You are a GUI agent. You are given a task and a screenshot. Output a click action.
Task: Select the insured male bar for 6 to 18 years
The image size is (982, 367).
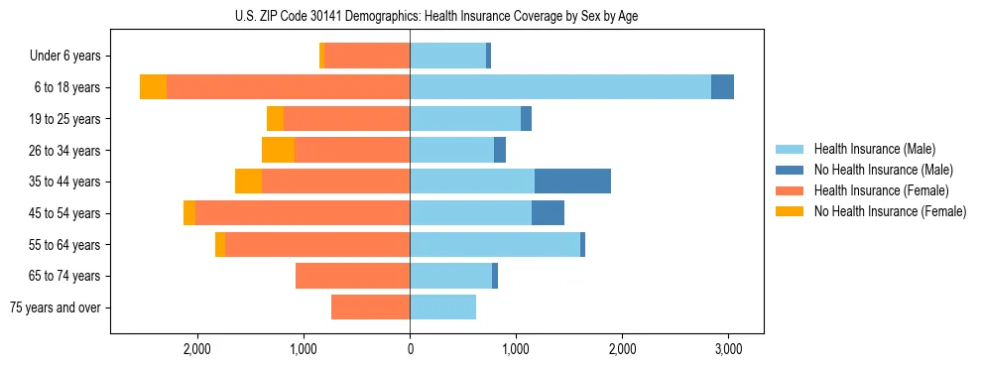tap(560, 87)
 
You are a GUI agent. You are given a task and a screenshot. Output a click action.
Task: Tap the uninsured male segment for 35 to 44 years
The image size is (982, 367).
tap(572, 182)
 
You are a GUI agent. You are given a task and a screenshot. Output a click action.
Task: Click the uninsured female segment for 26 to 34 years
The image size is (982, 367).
tap(278, 150)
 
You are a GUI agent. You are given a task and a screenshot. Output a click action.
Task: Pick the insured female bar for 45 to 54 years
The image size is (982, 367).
tap(303, 212)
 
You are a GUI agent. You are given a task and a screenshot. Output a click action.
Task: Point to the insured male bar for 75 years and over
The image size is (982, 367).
tap(442, 307)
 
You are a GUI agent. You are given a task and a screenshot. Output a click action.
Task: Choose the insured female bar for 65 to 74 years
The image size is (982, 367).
tap(352, 276)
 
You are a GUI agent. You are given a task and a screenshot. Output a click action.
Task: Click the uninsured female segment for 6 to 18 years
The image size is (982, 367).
tap(153, 87)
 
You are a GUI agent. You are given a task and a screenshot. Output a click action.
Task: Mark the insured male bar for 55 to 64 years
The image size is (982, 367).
tap(495, 244)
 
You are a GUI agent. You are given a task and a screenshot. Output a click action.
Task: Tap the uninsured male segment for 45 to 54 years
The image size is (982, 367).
tap(548, 212)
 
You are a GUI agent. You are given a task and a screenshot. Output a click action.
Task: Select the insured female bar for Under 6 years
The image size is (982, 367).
tap(367, 56)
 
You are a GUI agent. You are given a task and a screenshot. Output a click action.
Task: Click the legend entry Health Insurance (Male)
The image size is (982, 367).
tap(874, 149)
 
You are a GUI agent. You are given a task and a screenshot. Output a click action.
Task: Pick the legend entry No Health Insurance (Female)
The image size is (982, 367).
tap(890, 211)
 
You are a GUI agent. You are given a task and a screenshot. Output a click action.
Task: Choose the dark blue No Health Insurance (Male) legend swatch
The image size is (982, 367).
tap(790, 170)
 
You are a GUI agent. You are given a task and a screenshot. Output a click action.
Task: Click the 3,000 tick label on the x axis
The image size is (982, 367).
tap(728, 349)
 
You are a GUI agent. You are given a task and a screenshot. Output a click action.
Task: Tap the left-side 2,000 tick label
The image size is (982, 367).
tap(196, 349)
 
